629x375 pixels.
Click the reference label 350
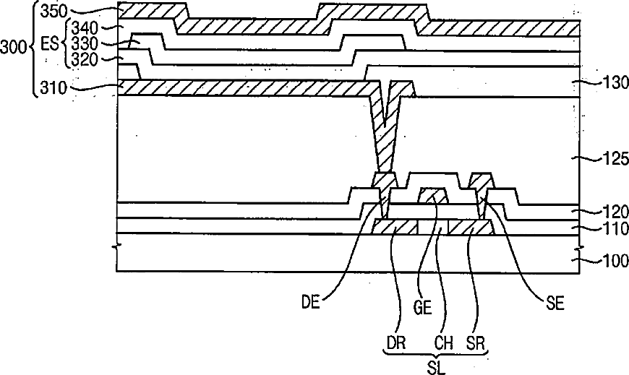54,12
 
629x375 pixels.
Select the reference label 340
85,28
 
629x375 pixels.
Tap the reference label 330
85,43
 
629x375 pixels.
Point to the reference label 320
85,59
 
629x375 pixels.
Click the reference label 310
54,87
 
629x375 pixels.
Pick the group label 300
13,47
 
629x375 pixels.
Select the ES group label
50,43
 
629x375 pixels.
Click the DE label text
311,303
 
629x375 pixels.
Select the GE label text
422,308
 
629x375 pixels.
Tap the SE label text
555,303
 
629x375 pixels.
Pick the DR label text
396,343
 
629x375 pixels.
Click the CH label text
444,343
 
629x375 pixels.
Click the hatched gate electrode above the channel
433,196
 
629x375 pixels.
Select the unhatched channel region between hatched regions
433,227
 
